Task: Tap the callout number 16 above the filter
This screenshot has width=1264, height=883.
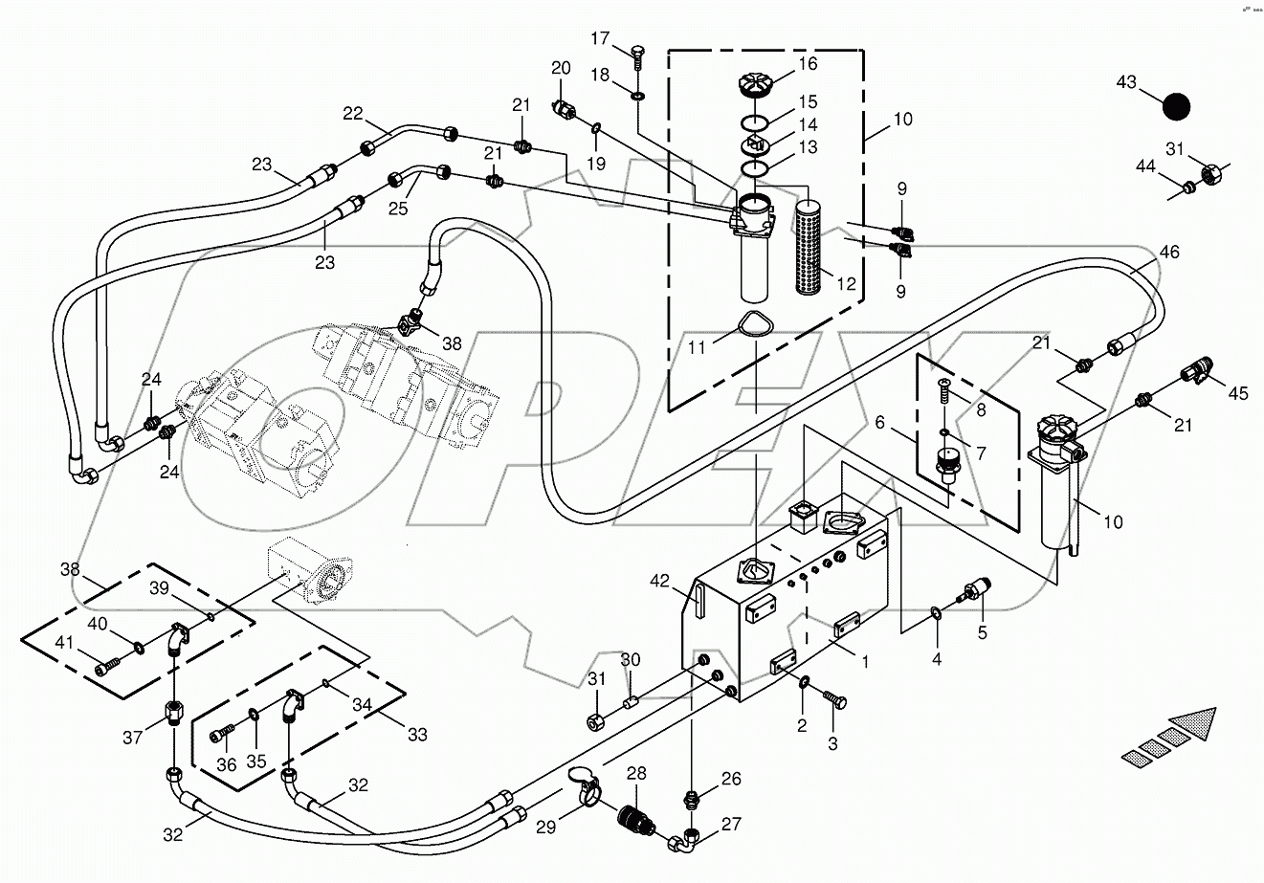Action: pos(809,64)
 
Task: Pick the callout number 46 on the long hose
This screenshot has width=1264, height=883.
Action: pos(1168,253)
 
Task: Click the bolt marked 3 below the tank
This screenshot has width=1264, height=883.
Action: pos(838,703)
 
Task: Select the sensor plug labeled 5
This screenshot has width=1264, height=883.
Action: pos(977,590)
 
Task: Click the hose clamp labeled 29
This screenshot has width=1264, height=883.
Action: pos(586,784)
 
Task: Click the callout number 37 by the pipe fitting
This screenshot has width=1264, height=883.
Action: pos(132,736)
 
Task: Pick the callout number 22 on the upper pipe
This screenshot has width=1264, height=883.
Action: pos(353,113)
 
